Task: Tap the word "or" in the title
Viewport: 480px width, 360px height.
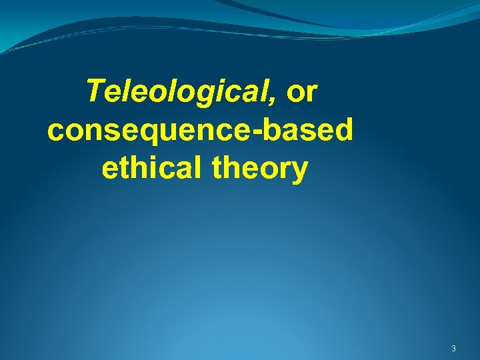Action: point(302,93)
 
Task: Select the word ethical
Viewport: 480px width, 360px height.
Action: point(153,169)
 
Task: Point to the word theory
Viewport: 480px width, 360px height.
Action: point(261,169)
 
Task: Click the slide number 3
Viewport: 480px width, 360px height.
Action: point(453,349)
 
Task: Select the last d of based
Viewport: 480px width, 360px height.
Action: point(343,131)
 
